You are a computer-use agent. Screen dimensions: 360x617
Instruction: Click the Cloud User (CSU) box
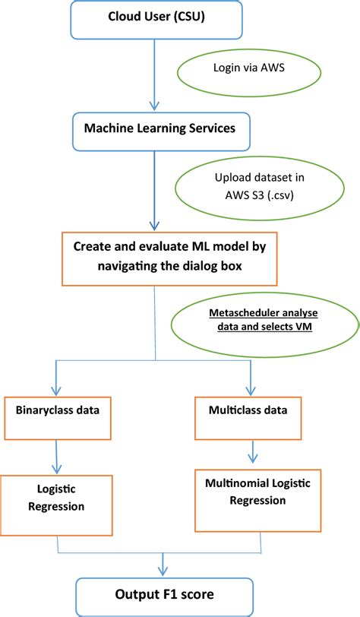pos(156,19)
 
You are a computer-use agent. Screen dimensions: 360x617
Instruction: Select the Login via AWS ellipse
pos(249,72)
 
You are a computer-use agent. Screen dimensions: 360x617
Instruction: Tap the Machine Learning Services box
pos(160,131)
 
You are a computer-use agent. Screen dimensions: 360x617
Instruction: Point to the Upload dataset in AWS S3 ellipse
pos(260,188)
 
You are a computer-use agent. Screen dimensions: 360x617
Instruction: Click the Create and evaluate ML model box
pos(169,258)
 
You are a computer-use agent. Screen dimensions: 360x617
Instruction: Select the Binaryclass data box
pos(58,418)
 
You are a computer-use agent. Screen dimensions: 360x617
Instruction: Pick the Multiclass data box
pos(248,418)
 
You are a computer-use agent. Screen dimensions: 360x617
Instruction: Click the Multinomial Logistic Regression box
pos(257,500)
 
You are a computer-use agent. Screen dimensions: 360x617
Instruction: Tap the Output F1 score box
pos(164,597)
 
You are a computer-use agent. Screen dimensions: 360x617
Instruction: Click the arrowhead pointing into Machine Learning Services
pos(155,106)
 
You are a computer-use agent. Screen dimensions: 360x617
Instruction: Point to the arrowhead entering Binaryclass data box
pos(56,391)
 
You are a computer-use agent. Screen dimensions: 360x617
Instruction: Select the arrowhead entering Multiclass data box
pos(251,391)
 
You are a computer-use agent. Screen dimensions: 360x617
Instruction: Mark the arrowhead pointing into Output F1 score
pos(163,571)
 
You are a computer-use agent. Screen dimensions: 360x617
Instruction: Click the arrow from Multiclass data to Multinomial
pos(253,451)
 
